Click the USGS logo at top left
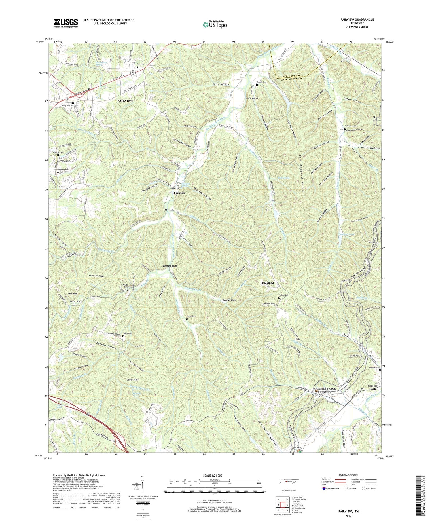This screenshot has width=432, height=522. (66, 23)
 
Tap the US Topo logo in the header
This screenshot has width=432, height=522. (215, 24)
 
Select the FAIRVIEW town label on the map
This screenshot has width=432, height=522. (125, 101)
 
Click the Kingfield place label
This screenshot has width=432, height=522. (268, 283)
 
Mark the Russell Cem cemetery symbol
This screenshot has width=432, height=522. (257, 85)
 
